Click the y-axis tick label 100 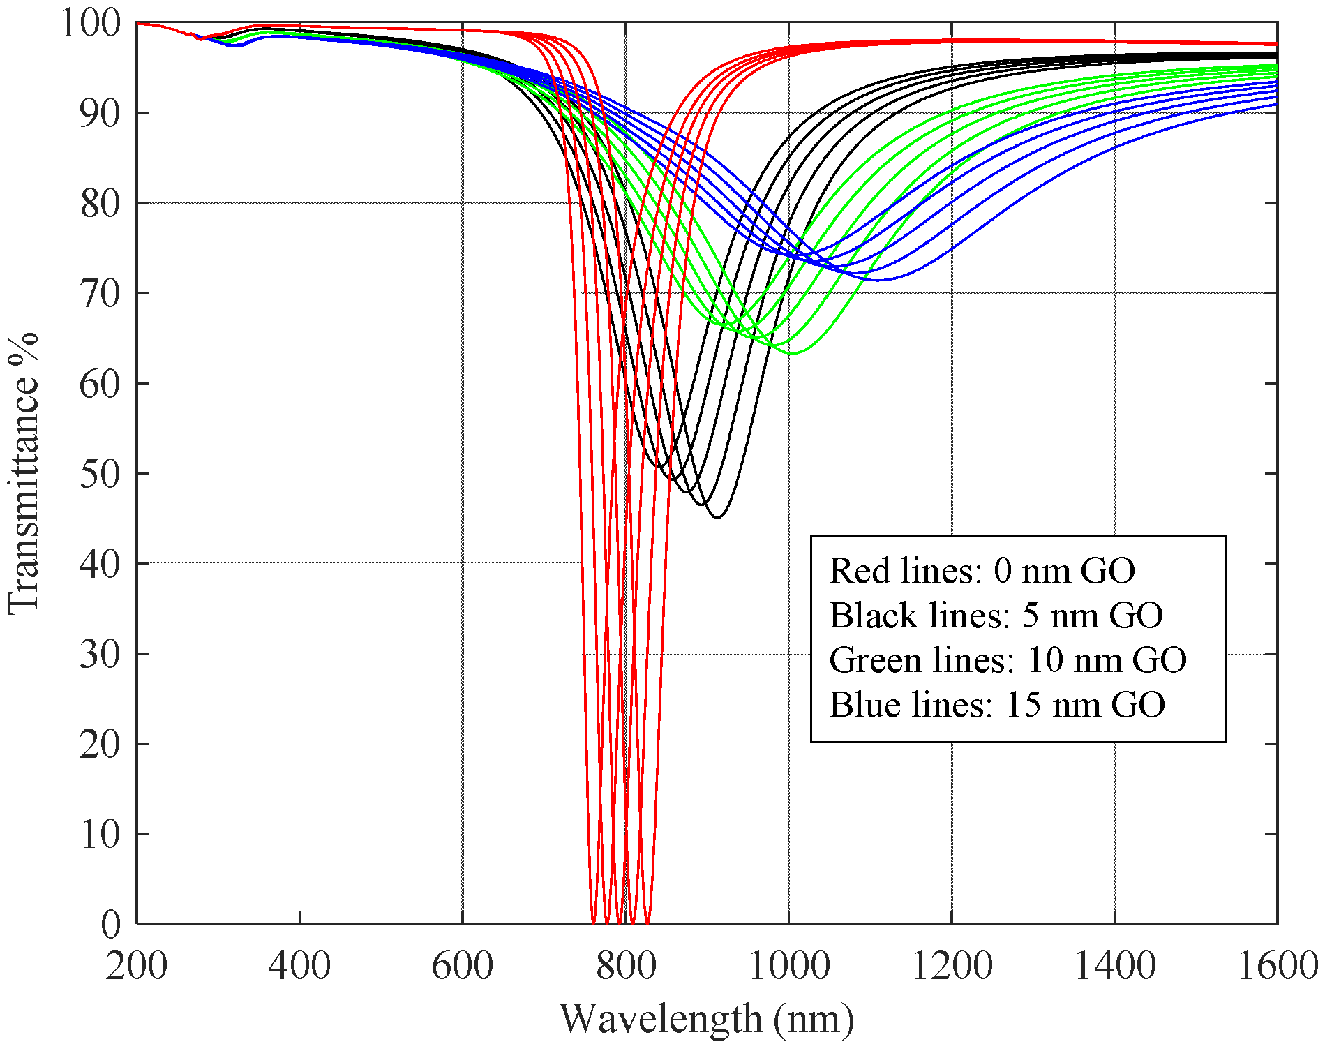point(90,24)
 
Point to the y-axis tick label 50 point(100,474)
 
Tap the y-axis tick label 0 point(111,925)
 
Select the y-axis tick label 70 point(100,294)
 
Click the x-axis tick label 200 point(136,967)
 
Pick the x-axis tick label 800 point(625,967)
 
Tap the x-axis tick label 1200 point(952,967)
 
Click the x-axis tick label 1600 point(1277,967)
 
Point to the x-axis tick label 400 point(299,967)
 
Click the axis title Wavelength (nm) point(706,1019)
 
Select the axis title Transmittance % point(23,474)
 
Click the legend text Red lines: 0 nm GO point(982,571)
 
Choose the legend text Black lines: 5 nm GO point(996,616)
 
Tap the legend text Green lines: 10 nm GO point(1008,660)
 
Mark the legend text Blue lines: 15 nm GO point(997,705)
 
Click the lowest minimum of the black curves point(717,517)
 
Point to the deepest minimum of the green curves point(792,353)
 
